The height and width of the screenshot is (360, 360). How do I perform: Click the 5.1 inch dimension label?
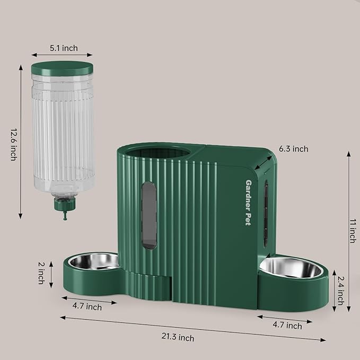[x=64, y=48]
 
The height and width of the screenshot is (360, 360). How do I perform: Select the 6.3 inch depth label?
[x=293, y=149]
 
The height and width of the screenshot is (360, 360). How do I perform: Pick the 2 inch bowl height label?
[x=41, y=272]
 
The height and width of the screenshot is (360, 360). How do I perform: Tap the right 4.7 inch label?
[x=287, y=326]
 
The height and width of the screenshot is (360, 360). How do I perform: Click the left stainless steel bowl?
[x=97, y=260]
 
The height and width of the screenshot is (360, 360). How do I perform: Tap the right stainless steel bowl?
[x=291, y=267]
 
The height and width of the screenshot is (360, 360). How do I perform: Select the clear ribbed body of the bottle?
[x=61, y=133]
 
